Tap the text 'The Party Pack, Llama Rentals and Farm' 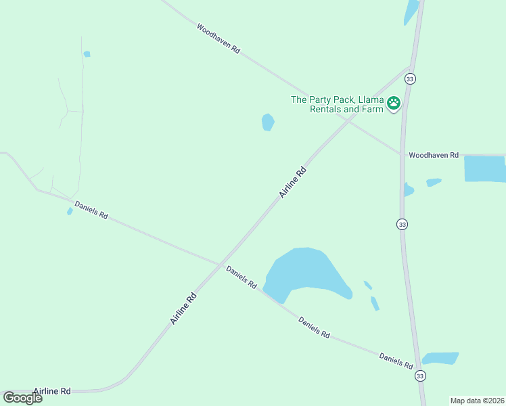click(x=337, y=104)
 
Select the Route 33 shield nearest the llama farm click(x=410, y=79)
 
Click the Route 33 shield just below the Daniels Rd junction click(x=420, y=376)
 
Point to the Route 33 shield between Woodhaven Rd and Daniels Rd click(x=402, y=224)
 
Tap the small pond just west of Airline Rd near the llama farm click(x=268, y=122)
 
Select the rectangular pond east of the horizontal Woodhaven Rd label click(x=484, y=168)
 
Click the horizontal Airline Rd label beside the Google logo click(x=51, y=391)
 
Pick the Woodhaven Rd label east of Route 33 click(x=434, y=156)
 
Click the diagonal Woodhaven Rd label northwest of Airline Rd click(x=218, y=39)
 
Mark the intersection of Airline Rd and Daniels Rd click(x=221, y=263)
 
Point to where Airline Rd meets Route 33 click(x=411, y=66)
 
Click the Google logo click(x=23, y=398)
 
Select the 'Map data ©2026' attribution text click(x=477, y=401)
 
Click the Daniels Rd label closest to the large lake click(x=241, y=277)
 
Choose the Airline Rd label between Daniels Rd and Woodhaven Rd click(x=294, y=183)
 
